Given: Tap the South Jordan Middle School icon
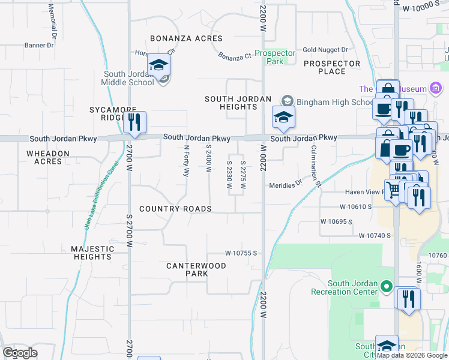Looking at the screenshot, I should (x=159, y=65).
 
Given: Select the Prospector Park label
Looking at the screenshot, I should (x=275, y=57).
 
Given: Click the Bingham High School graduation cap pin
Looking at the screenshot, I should (x=283, y=116).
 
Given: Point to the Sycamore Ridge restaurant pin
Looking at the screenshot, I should (x=134, y=122).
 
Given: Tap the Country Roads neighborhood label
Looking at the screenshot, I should (x=175, y=209).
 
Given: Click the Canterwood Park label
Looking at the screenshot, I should (x=196, y=269).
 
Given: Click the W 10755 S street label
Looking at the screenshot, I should (x=241, y=253).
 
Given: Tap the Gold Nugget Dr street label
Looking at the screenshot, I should (x=325, y=50).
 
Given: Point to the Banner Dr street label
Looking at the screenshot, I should (x=40, y=45).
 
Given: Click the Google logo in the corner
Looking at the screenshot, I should (x=20, y=353).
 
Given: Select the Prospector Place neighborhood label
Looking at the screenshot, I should (x=332, y=67).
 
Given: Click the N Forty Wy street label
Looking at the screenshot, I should (x=186, y=161).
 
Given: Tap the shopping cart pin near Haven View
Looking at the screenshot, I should (x=393, y=191).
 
